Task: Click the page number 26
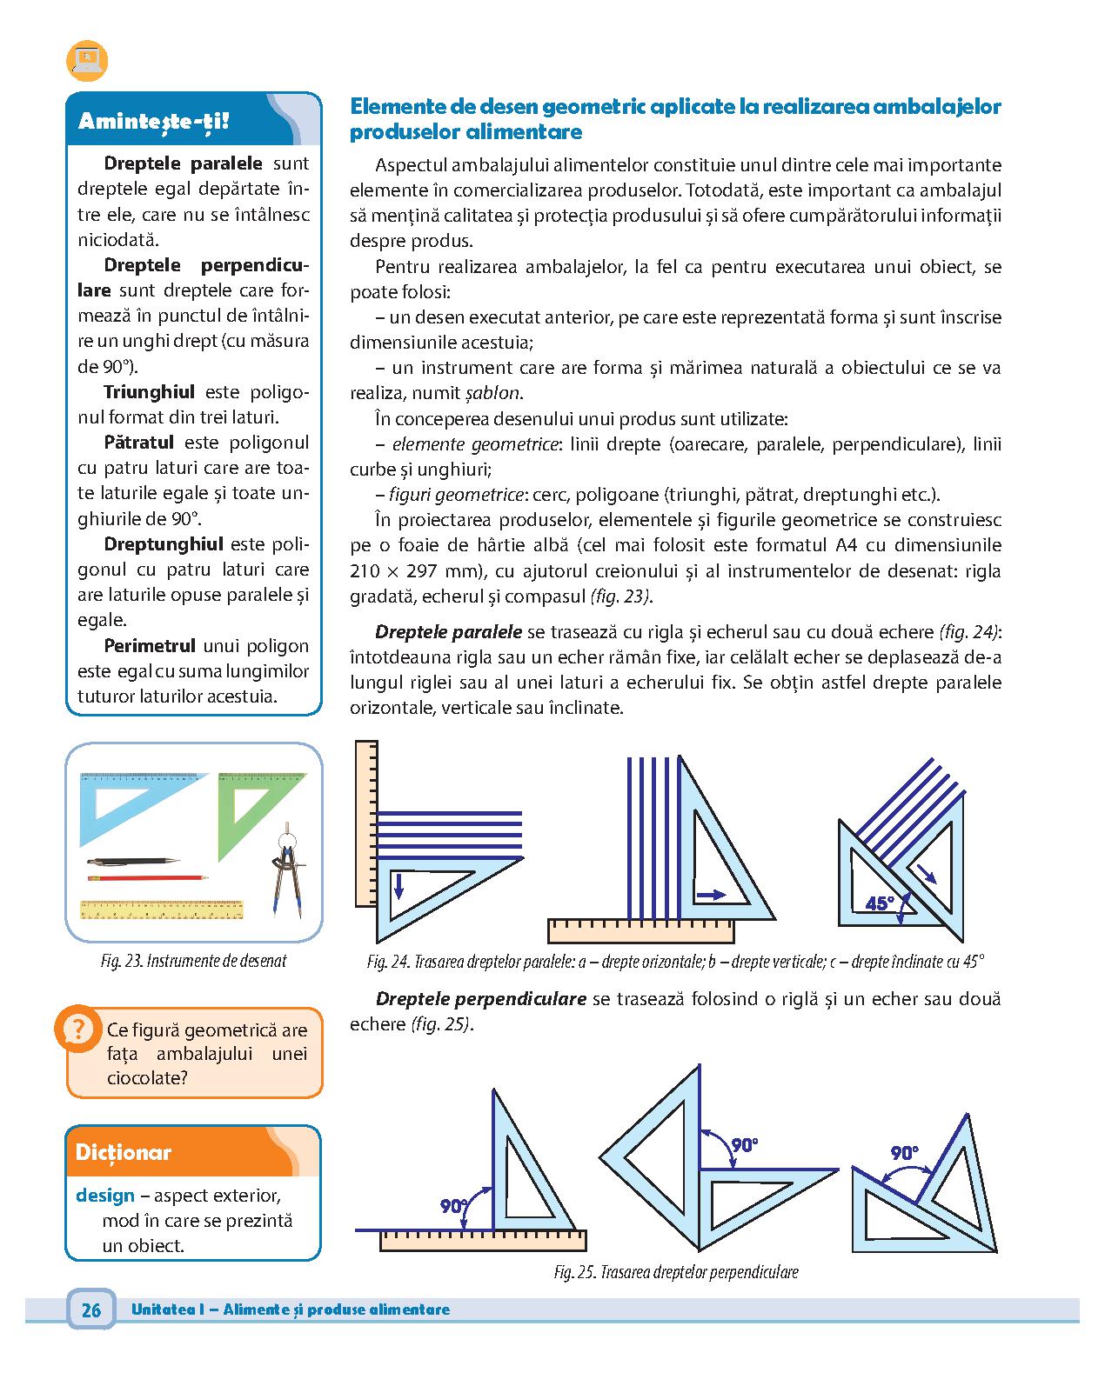click(x=90, y=1310)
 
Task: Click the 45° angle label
click(x=880, y=903)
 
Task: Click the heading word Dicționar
click(x=124, y=1153)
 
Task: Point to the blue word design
click(x=105, y=1195)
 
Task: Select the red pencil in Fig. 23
click(x=147, y=878)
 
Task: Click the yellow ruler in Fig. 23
click(x=161, y=910)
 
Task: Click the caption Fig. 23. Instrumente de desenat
click(x=193, y=961)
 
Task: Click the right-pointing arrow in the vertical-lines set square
click(x=710, y=893)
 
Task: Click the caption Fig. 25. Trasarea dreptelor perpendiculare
click(x=676, y=1272)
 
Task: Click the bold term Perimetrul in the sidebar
click(x=150, y=646)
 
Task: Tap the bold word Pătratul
click(x=139, y=443)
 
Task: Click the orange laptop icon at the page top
click(x=86, y=60)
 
